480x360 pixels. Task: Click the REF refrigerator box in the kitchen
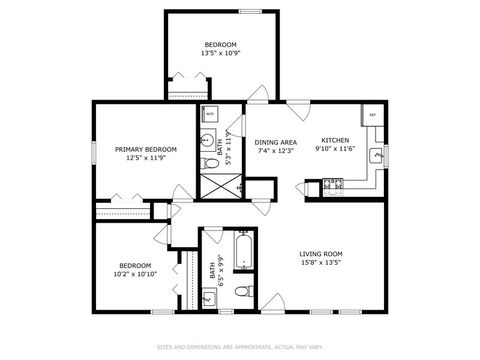click(x=371, y=115)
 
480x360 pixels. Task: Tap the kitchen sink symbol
click(x=377, y=155)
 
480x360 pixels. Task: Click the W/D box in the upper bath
click(x=210, y=113)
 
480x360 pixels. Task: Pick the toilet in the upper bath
click(x=210, y=162)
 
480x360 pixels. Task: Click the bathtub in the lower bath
click(x=243, y=250)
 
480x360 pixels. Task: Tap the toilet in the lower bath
click(x=242, y=291)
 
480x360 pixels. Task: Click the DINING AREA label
click(x=275, y=142)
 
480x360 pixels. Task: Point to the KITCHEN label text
click(x=334, y=140)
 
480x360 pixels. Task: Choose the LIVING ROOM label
click(x=321, y=254)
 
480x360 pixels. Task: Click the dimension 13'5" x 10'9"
click(x=221, y=53)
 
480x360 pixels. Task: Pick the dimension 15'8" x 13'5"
click(x=321, y=264)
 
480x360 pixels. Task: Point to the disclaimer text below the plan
click(x=240, y=347)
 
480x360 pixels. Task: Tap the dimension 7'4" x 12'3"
click(x=275, y=151)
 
